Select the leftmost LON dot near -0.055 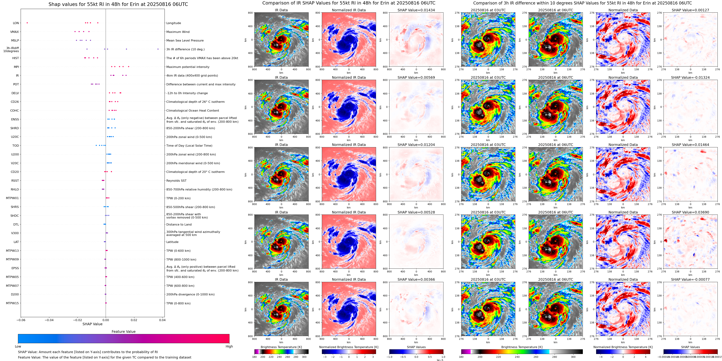pos(27,23)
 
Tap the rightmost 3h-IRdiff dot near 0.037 pos(158,49)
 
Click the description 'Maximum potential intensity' pos(188,67)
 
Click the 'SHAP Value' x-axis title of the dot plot pos(92,324)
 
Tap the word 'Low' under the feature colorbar pos(18,346)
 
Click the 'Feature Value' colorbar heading pos(123,332)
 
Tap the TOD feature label pos(15,146)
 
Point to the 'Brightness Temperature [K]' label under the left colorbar pos(281,347)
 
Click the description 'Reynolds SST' pos(176,181)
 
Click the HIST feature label pos(15,58)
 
